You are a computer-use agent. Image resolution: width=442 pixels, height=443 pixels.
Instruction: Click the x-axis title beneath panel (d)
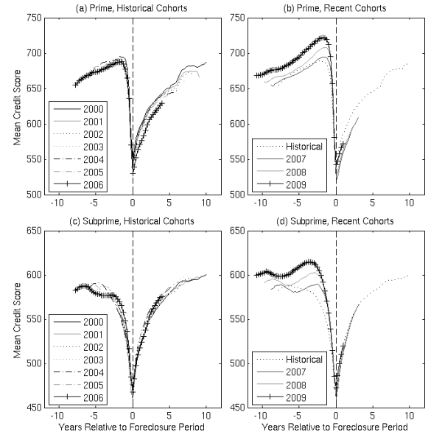pyautogui.click(x=336, y=429)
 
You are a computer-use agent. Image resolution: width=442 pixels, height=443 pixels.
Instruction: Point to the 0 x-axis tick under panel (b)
pyautogui.click(x=336, y=203)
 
